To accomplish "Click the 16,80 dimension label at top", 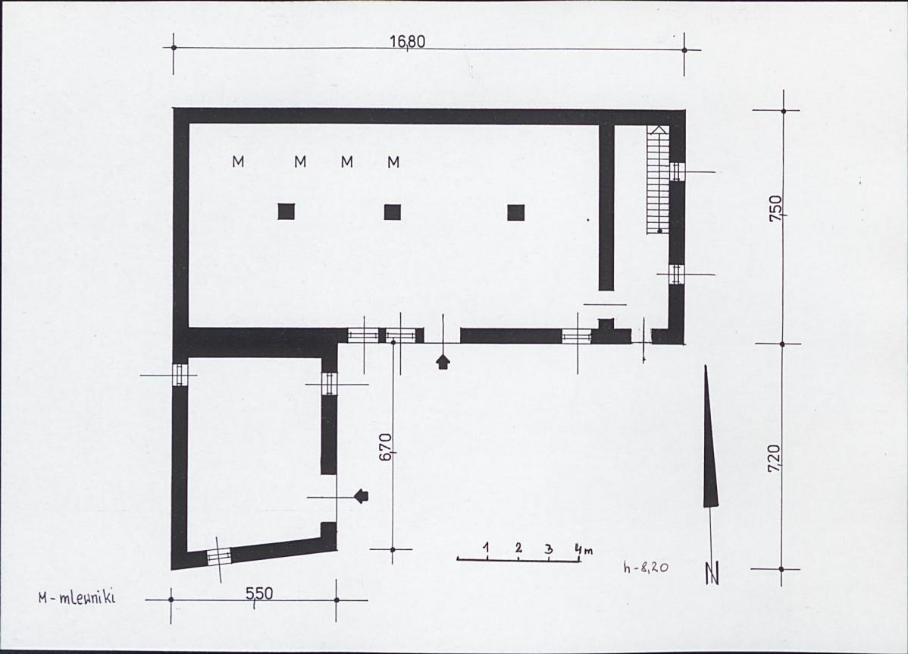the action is tap(408, 42).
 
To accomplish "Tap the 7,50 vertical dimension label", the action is tap(776, 209).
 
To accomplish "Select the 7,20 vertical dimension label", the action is tap(776, 458).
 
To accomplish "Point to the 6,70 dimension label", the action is tap(387, 446).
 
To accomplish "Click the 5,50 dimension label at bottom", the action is tap(259, 594).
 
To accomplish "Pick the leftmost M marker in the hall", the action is tap(238, 161).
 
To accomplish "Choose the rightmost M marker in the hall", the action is tap(394, 161).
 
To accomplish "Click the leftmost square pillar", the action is tap(286, 212).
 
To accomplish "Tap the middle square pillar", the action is tap(393, 212).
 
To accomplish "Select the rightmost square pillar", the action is tap(516, 212).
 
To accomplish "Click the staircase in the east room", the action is tap(659, 179).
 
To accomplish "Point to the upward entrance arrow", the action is tap(443, 362).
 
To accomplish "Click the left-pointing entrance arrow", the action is tap(361, 495).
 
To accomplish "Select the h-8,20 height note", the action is tap(646, 568).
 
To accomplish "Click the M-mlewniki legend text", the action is tap(77, 597).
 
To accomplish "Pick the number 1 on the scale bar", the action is tap(487, 547).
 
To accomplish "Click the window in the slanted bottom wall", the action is tap(218, 555).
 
